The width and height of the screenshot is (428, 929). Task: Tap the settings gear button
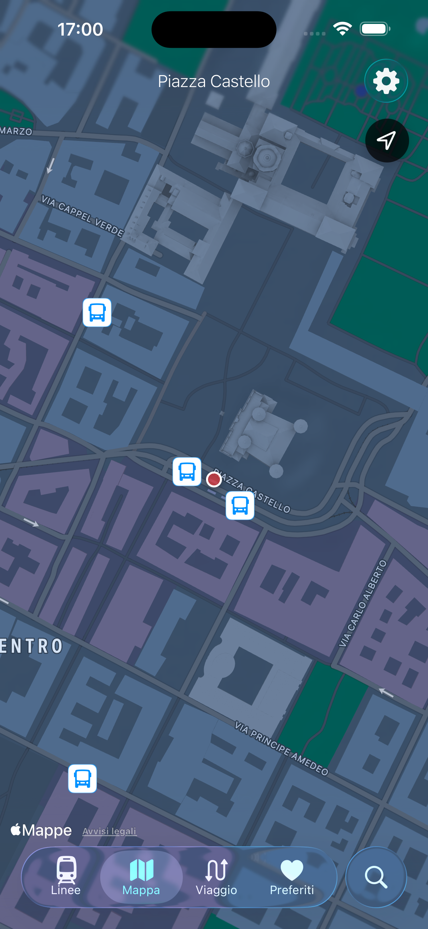[x=386, y=81]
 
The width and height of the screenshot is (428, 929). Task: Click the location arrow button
[x=387, y=140]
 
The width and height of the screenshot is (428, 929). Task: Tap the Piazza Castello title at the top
[x=214, y=81]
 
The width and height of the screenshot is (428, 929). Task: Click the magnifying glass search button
[x=376, y=877]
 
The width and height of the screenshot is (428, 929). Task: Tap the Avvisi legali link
[x=109, y=831]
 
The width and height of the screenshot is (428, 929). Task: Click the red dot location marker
[x=214, y=479]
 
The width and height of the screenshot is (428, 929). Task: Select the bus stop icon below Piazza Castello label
[x=240, y=505]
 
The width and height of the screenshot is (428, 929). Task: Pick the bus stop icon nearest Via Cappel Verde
[x=97, y=312]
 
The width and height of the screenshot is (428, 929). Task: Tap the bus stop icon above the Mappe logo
[x=83, y=778]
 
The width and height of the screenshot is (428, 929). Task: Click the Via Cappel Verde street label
[x=83, y=216]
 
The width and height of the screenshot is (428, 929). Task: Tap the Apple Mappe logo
[x=41, y=830]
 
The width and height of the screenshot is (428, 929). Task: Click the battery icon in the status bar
[x=375, y=29]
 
